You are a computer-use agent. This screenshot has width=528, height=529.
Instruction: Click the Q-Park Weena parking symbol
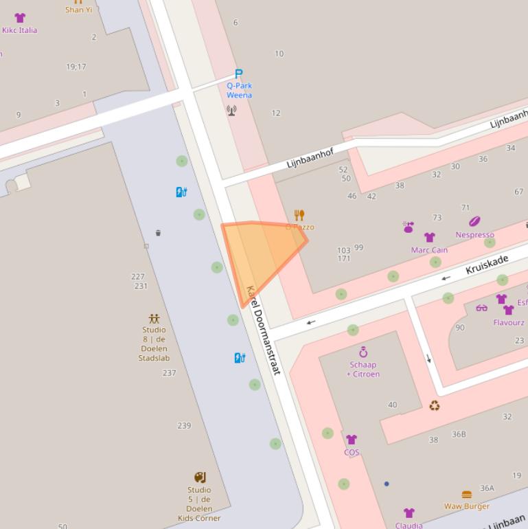coord(239,74)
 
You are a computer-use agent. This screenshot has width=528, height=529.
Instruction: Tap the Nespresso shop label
coord(474,234)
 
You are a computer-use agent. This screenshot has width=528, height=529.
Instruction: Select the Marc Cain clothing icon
coord(430,238)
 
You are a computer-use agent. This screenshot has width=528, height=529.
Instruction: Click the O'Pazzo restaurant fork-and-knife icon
coord(299,215)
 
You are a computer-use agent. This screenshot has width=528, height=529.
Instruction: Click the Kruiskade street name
coord(487,264)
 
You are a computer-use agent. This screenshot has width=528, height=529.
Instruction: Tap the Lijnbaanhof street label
coord(310,159)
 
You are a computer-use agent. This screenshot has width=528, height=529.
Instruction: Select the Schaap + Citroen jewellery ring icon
coord(363,352)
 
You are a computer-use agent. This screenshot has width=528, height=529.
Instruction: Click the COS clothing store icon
coord(352,440)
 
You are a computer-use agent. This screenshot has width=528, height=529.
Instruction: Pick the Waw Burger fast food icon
coord(467,495)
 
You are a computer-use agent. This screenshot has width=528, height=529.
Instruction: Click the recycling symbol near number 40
coord(435,406)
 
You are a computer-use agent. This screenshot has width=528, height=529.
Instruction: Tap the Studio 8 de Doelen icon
coord(154,319)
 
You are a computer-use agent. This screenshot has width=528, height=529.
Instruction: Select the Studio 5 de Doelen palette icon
coord(200,477)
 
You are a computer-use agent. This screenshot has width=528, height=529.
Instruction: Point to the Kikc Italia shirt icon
coord(20,19)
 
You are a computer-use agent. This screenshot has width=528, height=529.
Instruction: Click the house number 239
coord(184,426)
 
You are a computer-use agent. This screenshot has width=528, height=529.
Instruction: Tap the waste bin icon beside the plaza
coord(158,233)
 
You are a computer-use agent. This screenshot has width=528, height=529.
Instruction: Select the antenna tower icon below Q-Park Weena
coord(231,110)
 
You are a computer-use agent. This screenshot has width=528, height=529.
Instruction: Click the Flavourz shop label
coord(509,322)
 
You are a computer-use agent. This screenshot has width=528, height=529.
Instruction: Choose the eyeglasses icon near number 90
coord(481,308)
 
